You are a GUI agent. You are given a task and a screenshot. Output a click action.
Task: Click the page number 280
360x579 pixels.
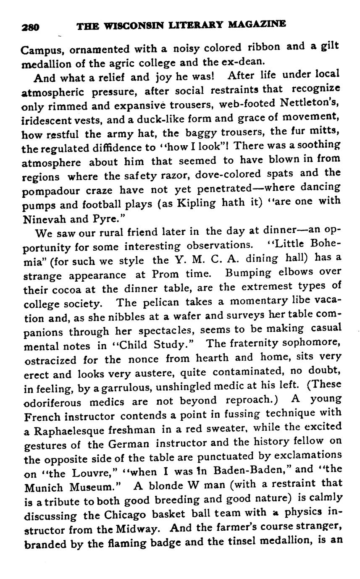[30, 27]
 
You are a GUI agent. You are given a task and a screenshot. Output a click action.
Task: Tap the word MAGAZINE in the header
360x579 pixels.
[257, 24]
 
